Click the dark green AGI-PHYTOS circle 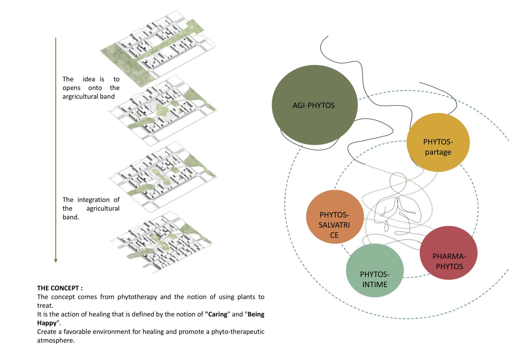(x=315, y=105)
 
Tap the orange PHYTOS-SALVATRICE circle (x=334, y=217)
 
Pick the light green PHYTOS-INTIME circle (x=375, y=271)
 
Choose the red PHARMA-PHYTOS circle (x=449, y=253)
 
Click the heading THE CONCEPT (x=60, y=288)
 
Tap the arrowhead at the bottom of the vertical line (x=56, y=260)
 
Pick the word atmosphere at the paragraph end (x=55, y=340)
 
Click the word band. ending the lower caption (x=71, y=217)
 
